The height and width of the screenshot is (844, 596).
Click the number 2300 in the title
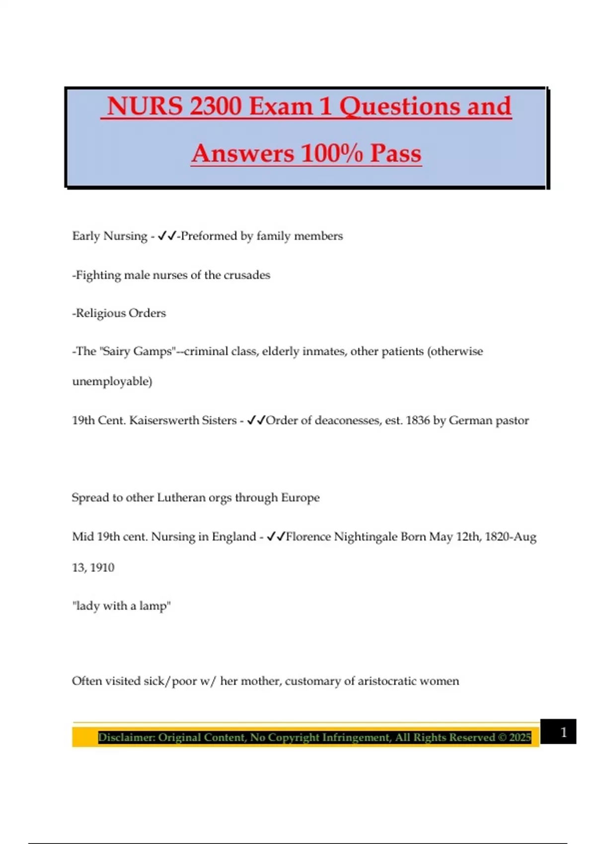(x=216, y=106)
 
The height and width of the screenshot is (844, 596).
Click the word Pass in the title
(x=396, y=153)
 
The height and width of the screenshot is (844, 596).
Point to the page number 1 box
(x=558, y=732)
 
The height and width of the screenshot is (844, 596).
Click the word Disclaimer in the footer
(x=126, y=737)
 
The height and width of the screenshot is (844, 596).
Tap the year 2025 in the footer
(x=520, y=737)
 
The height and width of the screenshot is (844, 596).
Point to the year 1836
(x=417, y=421)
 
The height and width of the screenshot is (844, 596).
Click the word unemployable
(x=111, y=381)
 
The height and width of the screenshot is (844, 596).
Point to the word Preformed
(x=209, y=236)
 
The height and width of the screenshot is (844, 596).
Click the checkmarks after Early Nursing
(x=167, y=236)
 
